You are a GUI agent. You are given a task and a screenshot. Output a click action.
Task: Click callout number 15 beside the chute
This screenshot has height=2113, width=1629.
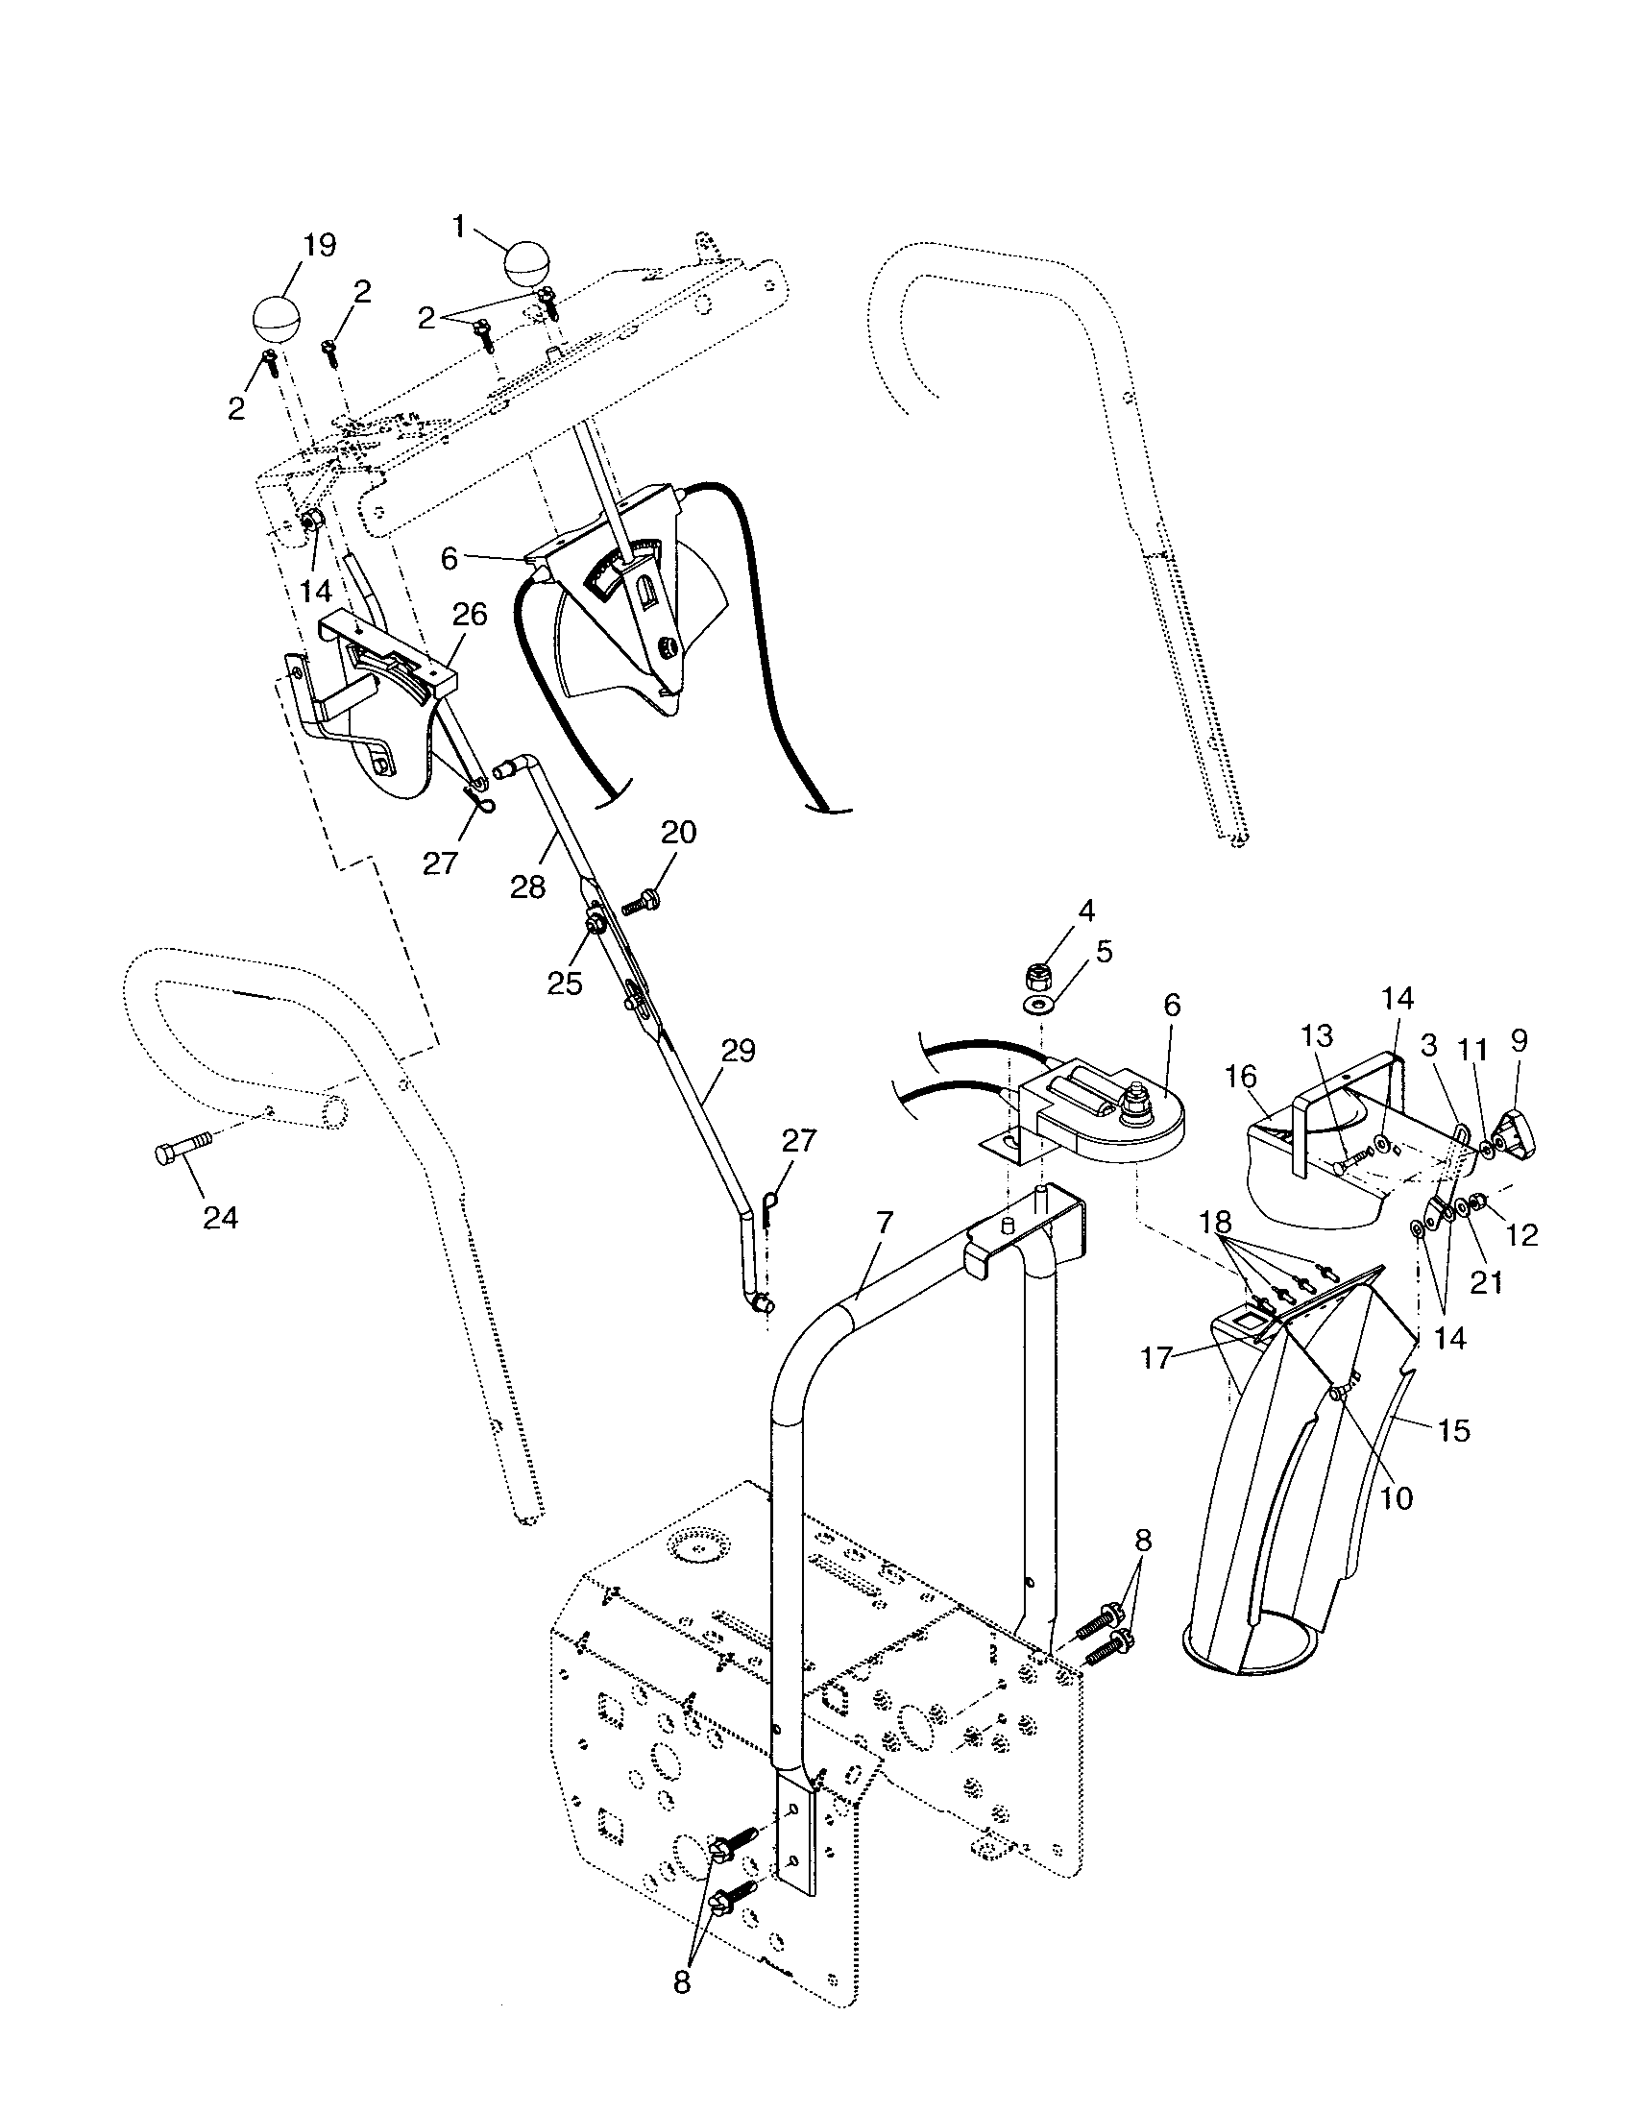1454,1430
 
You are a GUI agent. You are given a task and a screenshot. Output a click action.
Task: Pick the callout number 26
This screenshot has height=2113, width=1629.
468,615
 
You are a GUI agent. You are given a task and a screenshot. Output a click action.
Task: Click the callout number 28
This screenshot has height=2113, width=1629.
528,886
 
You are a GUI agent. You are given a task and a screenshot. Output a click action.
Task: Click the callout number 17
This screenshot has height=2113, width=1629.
1157,1358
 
